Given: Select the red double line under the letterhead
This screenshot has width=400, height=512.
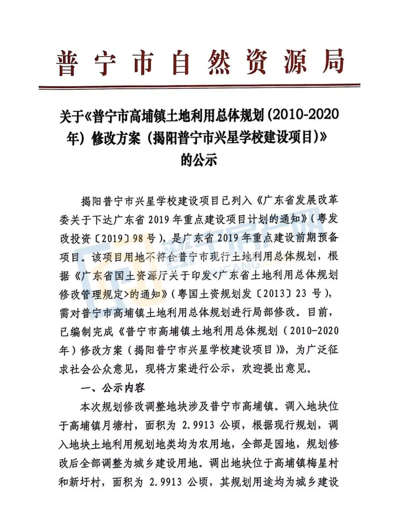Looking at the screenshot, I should [200, 87].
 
